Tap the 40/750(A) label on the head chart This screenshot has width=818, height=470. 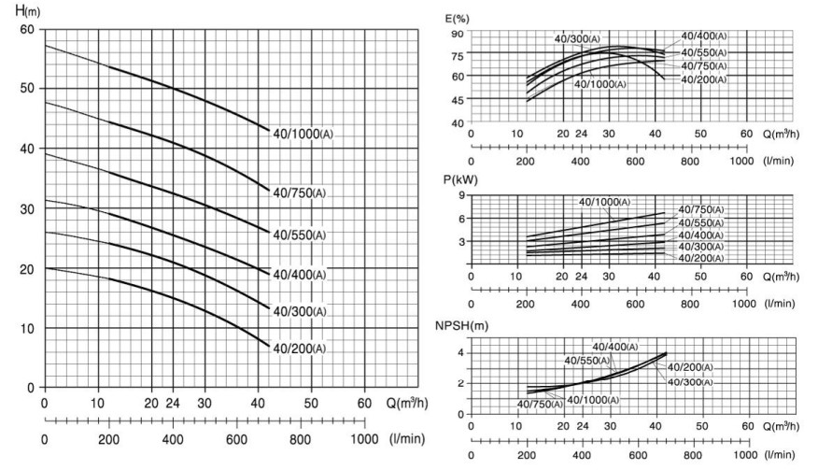299,193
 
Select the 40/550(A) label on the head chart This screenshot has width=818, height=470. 299,234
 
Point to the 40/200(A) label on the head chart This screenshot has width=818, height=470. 299,349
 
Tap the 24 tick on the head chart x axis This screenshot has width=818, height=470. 173,403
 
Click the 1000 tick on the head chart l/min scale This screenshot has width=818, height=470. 364,438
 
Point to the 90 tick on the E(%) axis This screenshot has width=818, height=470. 458,33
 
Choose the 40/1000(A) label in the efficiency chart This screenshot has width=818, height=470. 601,84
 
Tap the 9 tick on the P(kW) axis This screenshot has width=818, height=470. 460,195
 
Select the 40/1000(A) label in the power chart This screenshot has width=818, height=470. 605,202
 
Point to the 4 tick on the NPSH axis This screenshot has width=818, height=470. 460,353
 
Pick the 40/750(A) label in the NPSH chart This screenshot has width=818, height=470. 538,404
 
